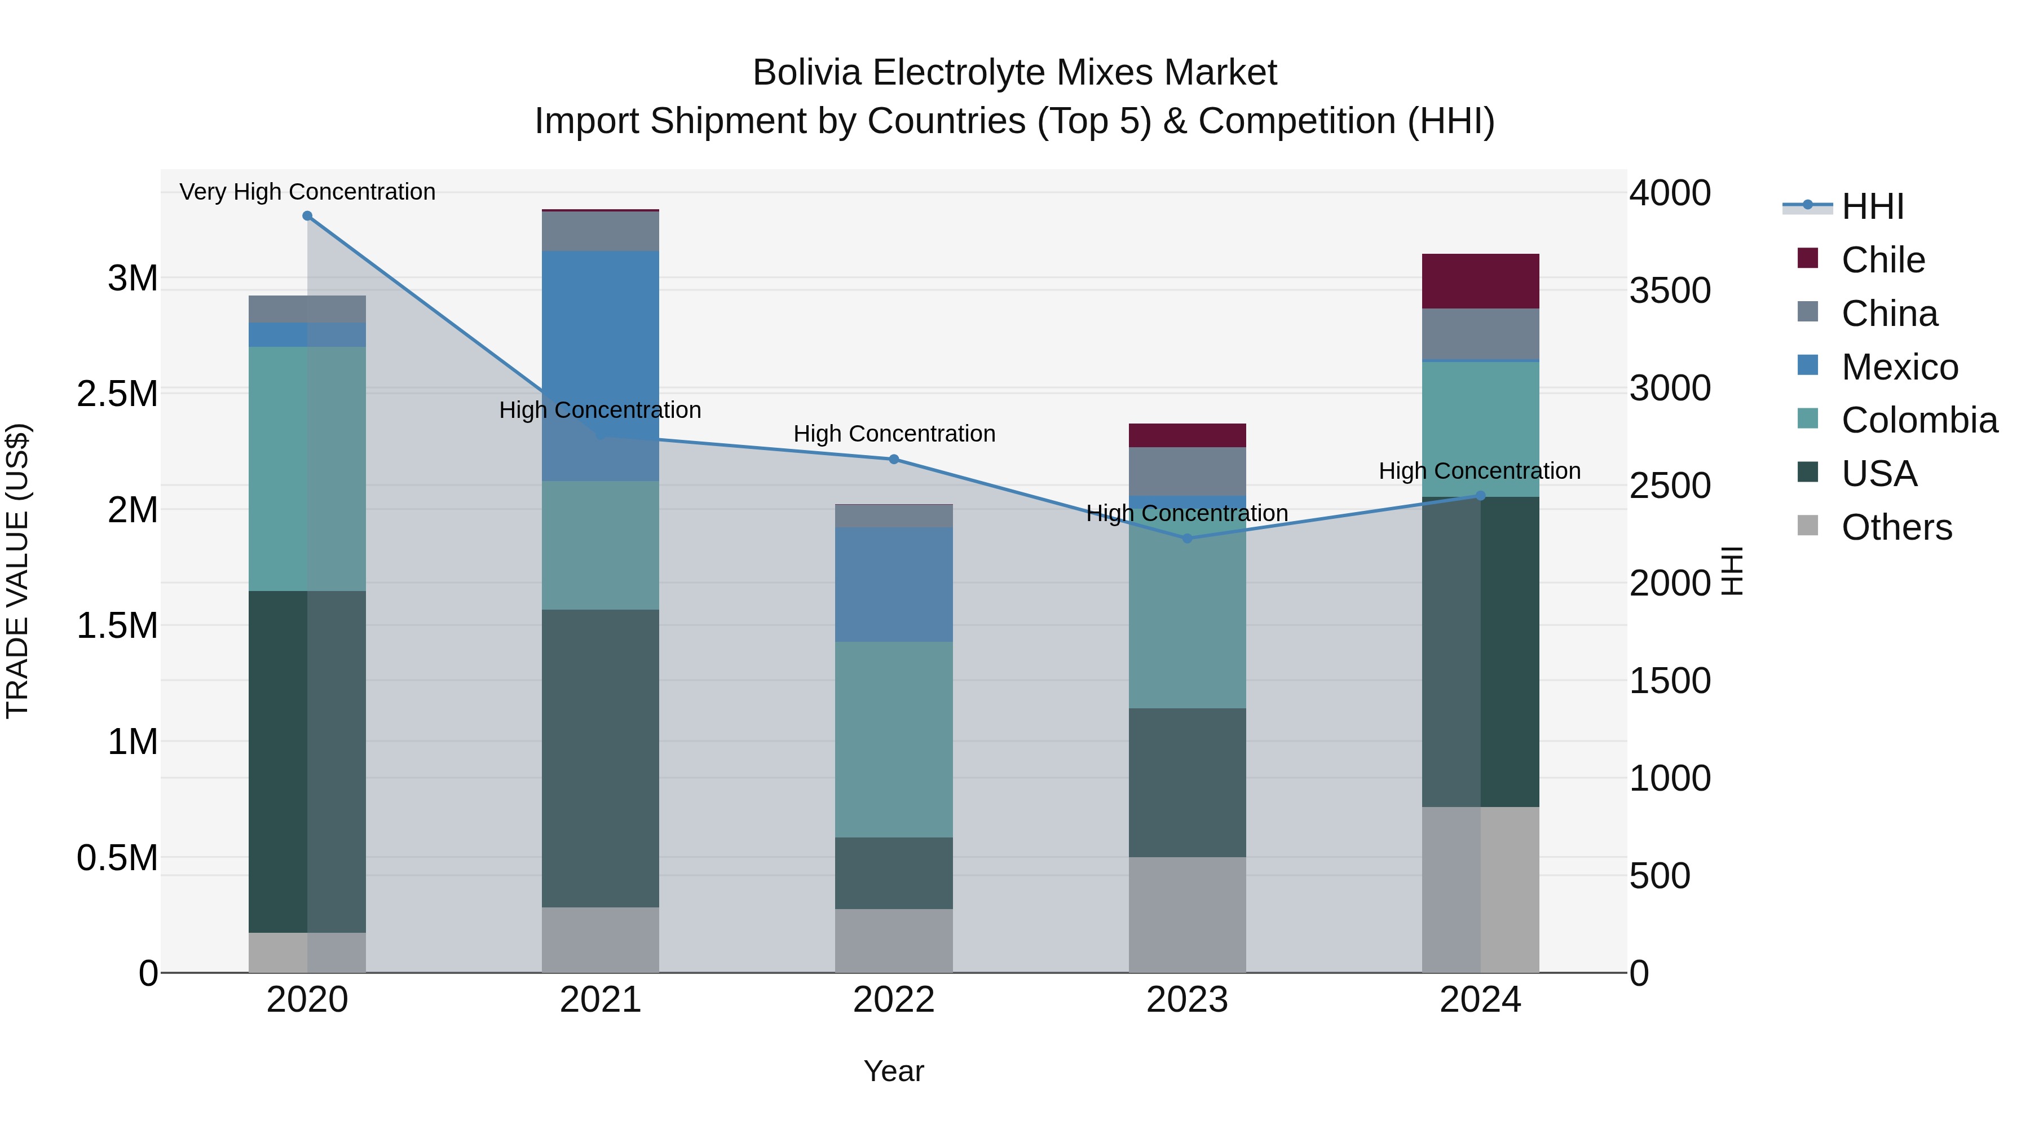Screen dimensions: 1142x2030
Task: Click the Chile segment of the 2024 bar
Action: [1480, 281]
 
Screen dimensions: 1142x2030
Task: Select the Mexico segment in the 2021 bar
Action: [601, 365]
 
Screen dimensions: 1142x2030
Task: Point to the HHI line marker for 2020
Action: [307, 216]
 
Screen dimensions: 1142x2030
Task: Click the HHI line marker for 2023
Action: [1188, 539]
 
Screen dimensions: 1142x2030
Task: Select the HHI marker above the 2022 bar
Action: [894, 458]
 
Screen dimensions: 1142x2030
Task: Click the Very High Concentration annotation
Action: [307, 192]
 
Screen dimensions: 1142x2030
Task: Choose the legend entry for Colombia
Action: [1919, 420]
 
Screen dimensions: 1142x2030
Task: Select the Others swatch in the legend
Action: [1807, 526]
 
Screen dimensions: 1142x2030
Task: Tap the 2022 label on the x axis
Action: [894, 999]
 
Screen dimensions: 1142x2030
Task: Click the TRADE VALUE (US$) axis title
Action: [17, 571]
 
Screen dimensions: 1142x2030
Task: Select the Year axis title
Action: [894, 1071]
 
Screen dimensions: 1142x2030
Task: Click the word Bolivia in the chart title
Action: [807, 73]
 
